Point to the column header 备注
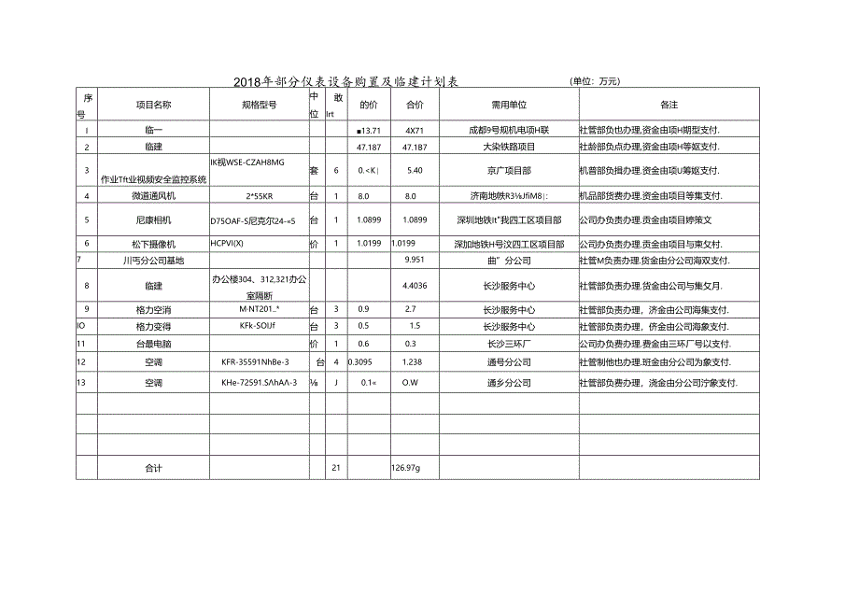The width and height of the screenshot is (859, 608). coord(669,105)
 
